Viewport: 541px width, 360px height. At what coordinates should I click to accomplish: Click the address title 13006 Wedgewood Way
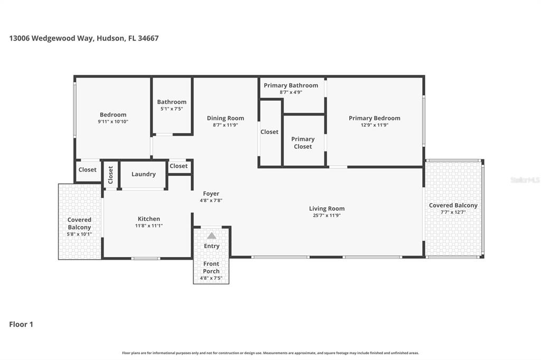[83, 38]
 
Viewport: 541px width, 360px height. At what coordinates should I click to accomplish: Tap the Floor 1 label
[21, 324]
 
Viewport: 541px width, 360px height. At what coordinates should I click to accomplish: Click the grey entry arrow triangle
[211, 235]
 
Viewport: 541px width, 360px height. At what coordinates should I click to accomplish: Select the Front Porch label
[211, 268]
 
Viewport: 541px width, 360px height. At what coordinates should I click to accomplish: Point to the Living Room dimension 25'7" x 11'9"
[327, 215]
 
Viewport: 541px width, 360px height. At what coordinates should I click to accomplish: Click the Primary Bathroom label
[291, 86]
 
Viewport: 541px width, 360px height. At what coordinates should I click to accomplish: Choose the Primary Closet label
[303, 143]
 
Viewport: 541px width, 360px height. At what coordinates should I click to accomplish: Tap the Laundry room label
[143, 174]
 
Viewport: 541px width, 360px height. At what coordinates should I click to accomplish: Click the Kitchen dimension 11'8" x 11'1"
[148, 225]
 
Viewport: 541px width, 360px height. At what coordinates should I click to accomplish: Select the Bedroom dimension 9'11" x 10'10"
[113, 121]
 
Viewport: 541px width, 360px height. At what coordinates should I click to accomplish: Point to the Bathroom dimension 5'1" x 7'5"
[172, 109]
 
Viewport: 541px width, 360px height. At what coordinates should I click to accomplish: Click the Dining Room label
[225, 118]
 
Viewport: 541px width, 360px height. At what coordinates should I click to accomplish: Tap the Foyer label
[211, 194]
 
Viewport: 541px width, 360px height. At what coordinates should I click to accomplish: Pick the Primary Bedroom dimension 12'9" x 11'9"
[374, 125]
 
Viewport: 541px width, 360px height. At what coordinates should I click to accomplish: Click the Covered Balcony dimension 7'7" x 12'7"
[453, 212]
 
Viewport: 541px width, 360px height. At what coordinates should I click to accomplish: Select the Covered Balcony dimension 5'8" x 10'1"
[79, 234]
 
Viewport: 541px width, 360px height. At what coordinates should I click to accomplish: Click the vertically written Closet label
[110, 175]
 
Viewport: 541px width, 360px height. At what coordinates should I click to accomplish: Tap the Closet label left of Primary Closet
[269, 132]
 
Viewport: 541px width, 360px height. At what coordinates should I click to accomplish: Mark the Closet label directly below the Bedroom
[88, 169]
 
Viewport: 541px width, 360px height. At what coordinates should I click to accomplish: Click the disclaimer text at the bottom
[270, 353]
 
